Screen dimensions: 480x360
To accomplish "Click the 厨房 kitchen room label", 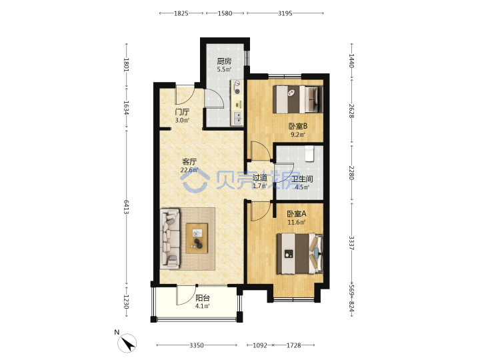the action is (x=224, y=61).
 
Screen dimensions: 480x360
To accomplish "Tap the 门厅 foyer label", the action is (x=182, y=112).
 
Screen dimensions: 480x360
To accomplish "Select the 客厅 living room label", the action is (x=189, y=161).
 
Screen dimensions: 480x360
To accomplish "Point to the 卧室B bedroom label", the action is (x=298, y=126).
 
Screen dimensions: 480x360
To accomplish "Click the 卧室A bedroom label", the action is (x=296, y=214).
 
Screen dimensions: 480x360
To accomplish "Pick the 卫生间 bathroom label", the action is (x=302, y=179).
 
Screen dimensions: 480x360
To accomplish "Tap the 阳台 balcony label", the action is (x=203, y=297).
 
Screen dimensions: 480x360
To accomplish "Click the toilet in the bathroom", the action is (x=309, y=153).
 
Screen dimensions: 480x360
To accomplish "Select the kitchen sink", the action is (x=237, y=118).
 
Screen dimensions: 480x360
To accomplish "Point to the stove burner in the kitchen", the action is (x=237, y=87).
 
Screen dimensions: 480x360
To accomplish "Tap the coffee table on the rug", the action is (x=197, y=238).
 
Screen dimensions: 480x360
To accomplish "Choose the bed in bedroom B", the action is (x=297, y=99).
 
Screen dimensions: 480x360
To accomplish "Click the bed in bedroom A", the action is (x=300, y=254).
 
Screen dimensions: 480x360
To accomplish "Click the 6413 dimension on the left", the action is (x=127, y=207).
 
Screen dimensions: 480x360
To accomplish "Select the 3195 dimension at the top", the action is (x=285, y=13).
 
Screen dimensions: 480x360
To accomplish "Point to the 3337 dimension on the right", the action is (x=351, y=243).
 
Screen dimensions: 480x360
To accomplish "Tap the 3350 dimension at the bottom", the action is (x=196, y=345).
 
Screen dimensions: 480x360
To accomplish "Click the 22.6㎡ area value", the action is (x=189, y=170).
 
